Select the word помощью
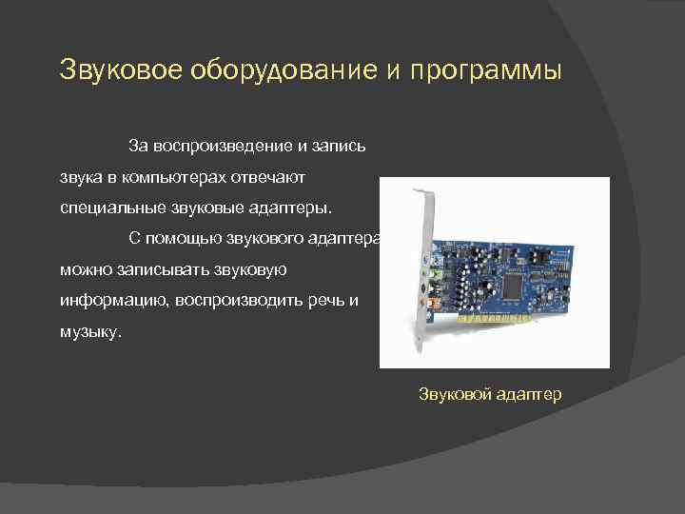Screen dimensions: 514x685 [x=191, y=238]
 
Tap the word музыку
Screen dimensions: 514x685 [x=90, y=332]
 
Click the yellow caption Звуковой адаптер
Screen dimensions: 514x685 [x=490, y=393]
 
